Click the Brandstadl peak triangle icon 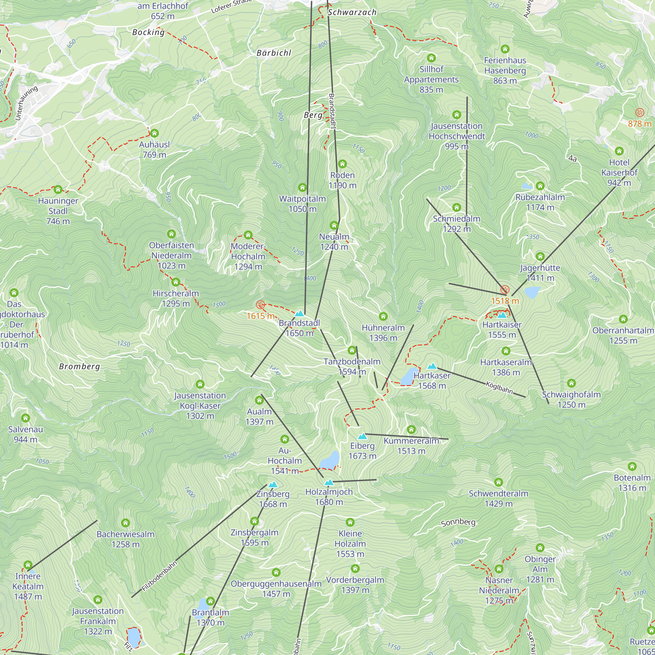click(x=299, y=314)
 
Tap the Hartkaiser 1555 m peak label click(x=502, y=329)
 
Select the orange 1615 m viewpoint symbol click(x=260, y=305)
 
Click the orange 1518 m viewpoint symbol click(x=505, y=290)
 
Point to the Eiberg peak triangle click(x=363, y=436)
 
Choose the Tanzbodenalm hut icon click(x=352, y=350)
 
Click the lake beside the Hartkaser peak click(x=408, y=377)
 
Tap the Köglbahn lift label click(x=499, y=387)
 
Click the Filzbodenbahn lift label click(x=159, y=576)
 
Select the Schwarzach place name click(x=352, y=12)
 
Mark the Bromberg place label click(x=80, y=366)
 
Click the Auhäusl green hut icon click(x=154, y=133)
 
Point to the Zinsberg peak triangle click(x=273, y=484)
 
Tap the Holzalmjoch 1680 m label click(x=329, y=497)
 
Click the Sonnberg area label click(x=458, y=522)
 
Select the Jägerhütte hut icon click(x=540, y=257)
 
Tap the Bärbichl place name click(x=274, y=53)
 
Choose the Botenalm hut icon click(x=632, y=466)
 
